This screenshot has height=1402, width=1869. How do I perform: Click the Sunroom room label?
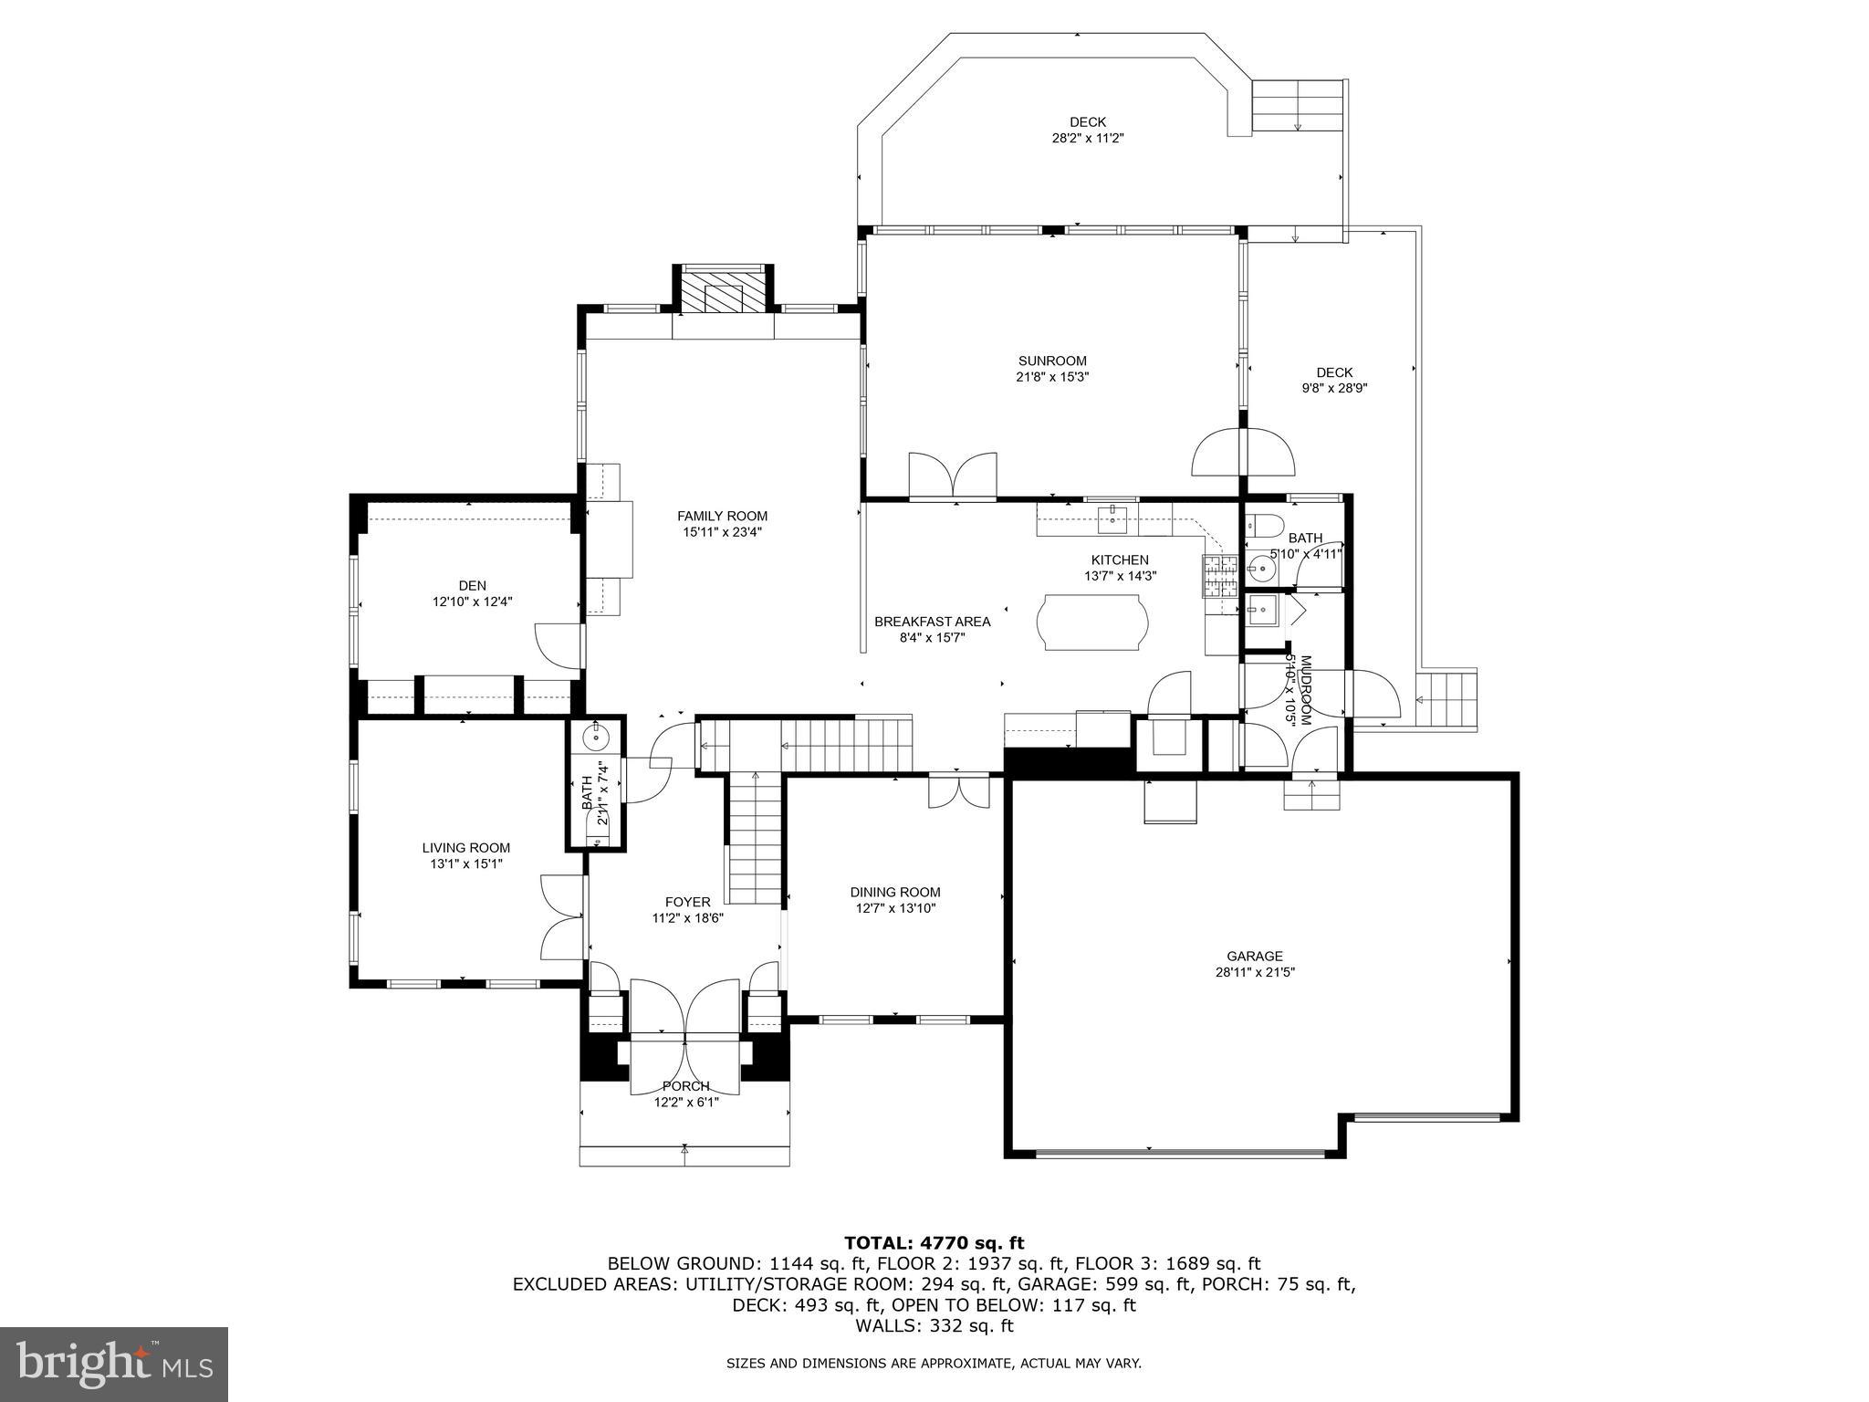click(x=1052, y=361)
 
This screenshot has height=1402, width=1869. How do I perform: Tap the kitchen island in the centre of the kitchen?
click(x=1092, y=623)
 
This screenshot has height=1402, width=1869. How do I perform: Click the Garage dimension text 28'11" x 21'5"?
click(x=1255, y=972)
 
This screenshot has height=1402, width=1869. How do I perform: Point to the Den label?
click(x=472, y=585)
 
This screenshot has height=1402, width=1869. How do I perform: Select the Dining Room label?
click(x=894, y=892)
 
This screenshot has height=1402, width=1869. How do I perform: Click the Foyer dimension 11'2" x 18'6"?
click(x=687, y=918)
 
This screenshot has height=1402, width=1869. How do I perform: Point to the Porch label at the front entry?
click(x=685, y=1086)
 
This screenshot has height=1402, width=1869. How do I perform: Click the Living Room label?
click(x=465, y=847)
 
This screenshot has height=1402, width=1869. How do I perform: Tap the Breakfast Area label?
click(x=932, y=622)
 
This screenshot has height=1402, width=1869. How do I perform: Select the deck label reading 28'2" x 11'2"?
click(x=1088, y=138)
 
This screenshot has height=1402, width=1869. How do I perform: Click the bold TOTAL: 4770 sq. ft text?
click(x=934, y=1242)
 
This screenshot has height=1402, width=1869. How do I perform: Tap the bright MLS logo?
click(x=114, y=1364)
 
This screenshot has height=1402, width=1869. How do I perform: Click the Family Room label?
click(x=722, y=516)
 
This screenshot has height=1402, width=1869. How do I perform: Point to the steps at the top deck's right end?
click(x=1298, y=105)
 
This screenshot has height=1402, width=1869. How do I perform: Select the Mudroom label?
click(x=1306, y=677)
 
